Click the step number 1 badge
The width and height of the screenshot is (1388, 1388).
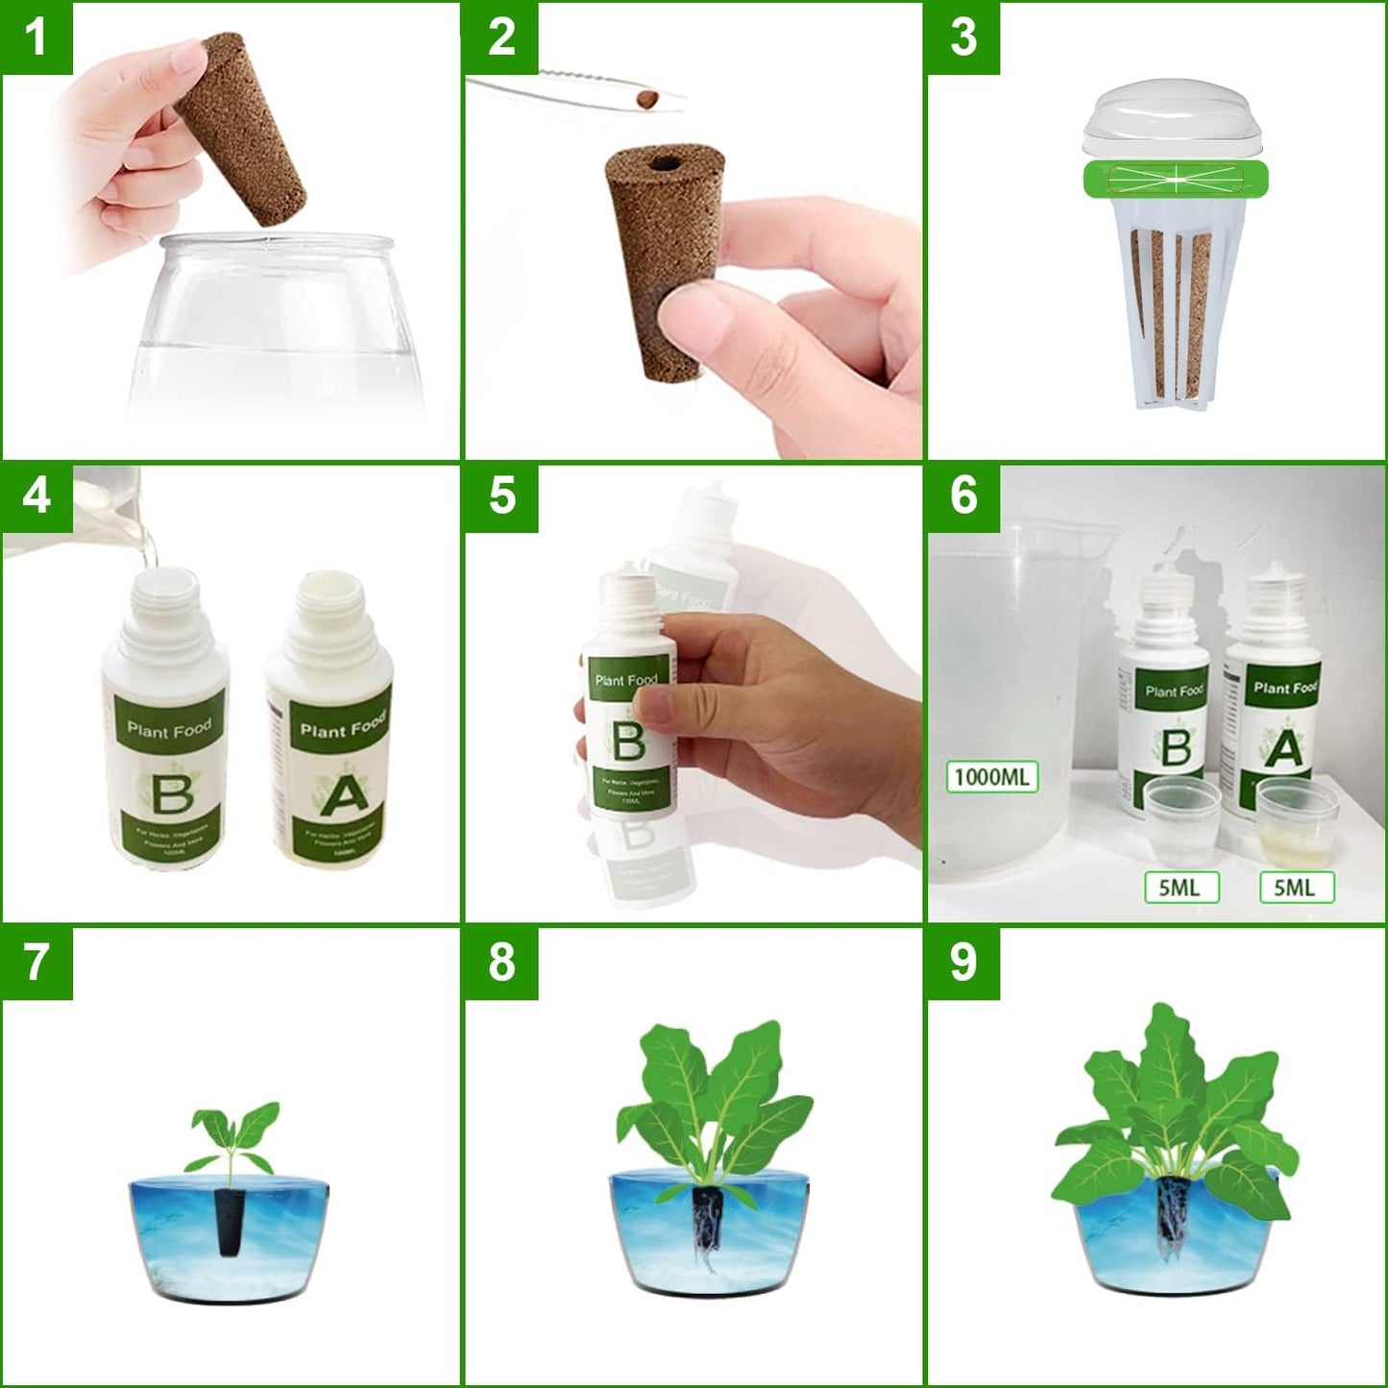(37, 37)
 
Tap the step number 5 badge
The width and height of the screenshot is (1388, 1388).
(500, 497)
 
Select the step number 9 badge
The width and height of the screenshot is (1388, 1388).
(962, 962)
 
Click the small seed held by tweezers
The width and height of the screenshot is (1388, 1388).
(649, 97)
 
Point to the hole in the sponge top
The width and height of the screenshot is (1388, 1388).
(662, 164)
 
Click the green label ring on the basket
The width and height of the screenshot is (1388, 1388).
(1176, 179)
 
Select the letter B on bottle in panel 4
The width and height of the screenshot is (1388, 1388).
(173, 793)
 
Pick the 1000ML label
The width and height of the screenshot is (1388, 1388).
(992, 776)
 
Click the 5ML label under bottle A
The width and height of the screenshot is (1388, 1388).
(1295, 888)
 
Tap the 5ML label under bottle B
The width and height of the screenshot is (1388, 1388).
(1180, 888)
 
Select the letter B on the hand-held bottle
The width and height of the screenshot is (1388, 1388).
(629, 743)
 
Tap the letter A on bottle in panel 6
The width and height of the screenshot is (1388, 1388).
(1285, 749)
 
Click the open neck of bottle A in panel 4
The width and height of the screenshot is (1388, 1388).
(329, 587)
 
